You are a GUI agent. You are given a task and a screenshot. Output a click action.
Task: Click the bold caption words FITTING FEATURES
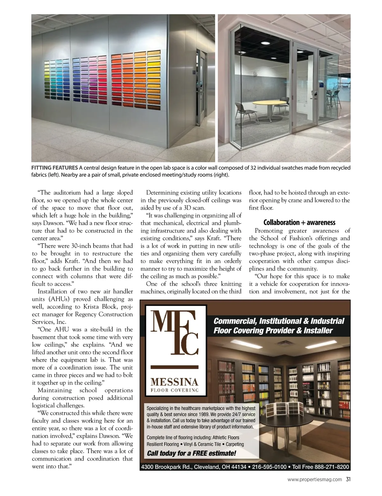(54, 168)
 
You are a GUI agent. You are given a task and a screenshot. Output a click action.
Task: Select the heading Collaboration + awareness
(299, 222)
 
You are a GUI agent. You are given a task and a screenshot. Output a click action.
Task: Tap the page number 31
(348, 479)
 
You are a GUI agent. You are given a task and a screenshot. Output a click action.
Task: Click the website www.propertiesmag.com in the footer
(315, 479)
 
